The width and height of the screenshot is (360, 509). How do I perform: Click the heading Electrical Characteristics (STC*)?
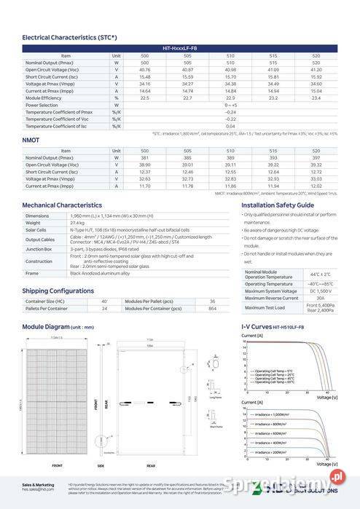pos(69,36)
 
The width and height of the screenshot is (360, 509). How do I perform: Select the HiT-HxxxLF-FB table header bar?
pos(180,48)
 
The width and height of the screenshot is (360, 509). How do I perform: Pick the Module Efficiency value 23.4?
pos(316,98)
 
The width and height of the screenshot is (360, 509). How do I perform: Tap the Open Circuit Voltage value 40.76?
pos(144,69)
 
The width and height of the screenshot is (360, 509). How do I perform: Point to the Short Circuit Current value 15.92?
pos(316,76)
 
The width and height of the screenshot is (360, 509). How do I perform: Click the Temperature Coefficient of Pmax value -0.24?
pos(230,112)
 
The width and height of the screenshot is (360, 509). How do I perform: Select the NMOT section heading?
pos(31,140)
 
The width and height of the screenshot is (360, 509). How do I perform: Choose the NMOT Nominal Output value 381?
pos(144,157)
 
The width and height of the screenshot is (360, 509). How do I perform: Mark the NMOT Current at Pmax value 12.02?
pos(316,186)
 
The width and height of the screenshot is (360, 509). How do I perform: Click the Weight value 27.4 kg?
pos(77,223)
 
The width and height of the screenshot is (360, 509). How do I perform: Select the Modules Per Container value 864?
pos(212,309)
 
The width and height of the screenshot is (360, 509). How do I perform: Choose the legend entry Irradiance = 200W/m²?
pos(271,452)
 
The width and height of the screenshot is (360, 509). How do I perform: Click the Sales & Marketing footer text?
pos(38,484)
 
